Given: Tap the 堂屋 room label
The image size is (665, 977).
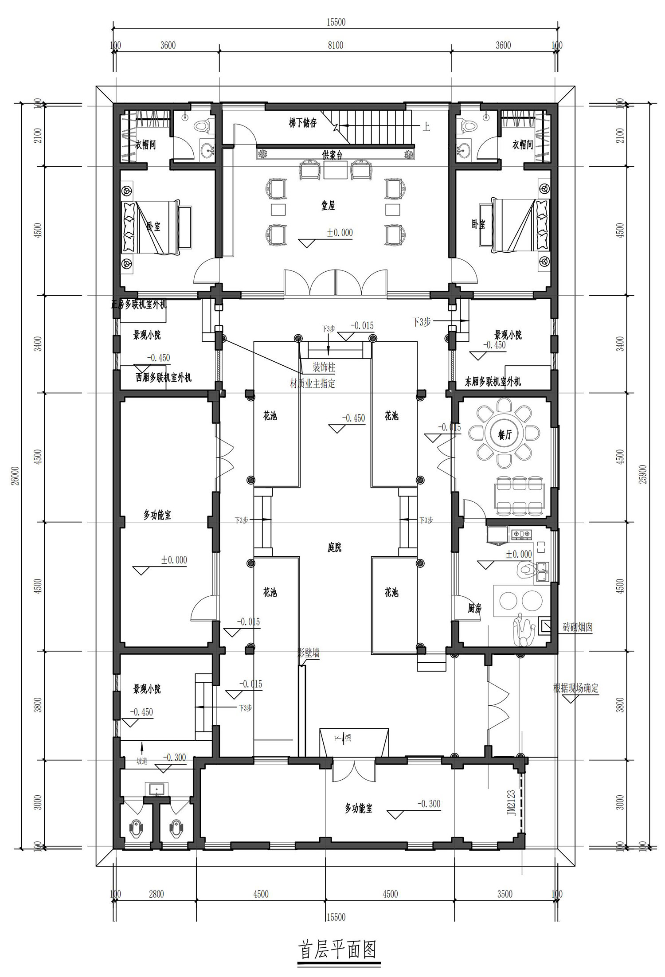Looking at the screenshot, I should (x=328, y=206).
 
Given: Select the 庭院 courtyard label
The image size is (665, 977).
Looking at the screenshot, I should (x=335, y=548).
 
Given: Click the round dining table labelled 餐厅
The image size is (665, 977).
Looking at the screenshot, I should (x=505, y=435).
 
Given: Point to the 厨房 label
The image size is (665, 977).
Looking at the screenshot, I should (x=474, y=609).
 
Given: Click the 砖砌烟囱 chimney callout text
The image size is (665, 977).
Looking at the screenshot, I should (x=578, y=627).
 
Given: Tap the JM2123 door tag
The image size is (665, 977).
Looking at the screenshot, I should (x=512, y=803).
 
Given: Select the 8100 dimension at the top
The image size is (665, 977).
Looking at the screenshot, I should (x=336, y=45).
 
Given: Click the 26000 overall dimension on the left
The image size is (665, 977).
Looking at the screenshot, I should (x=15, y=476).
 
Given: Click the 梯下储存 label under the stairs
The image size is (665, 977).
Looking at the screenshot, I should (x=303, y=123).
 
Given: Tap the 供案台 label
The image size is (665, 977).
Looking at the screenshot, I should (x=332, y=155).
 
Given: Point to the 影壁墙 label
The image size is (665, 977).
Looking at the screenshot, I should (x=309, y=653).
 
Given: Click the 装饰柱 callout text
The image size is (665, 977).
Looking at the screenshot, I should (x=324, y=367).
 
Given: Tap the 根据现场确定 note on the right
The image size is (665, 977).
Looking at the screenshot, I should (x=576, y=688).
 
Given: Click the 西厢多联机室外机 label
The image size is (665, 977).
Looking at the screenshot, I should (x=164, y=378).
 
